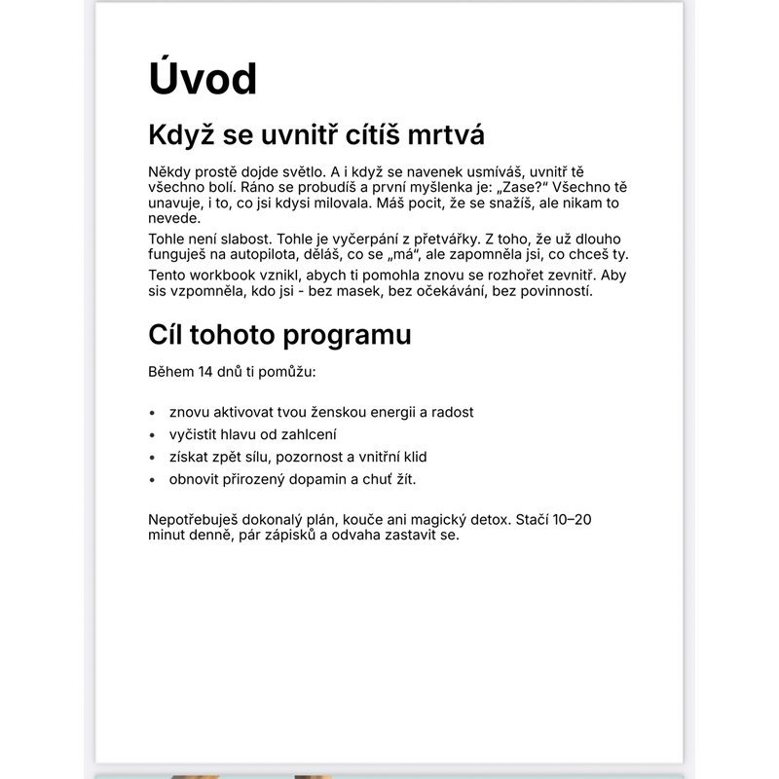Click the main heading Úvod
pos(203,78)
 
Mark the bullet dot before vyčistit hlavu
pos(153,435)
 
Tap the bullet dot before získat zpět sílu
pos(153,457)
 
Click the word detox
pos(487,519)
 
